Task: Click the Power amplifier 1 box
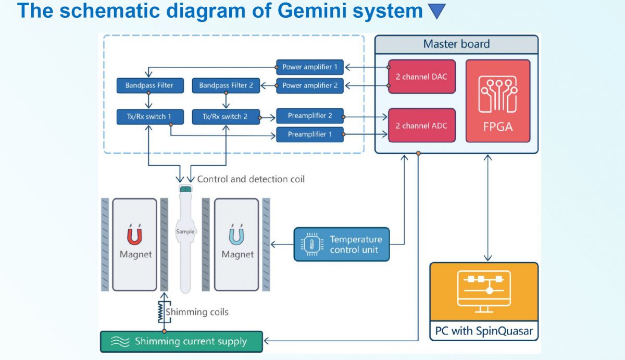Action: click(310, 67)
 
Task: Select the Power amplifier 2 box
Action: click(310, 85)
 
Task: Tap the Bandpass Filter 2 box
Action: click(226, 85)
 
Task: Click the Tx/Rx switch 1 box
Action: click(150, 117)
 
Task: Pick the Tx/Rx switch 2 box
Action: click(226, 117)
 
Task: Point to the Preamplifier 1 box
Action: click(310, 134)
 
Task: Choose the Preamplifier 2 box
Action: click(310, 116)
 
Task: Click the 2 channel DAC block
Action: click(422, 77)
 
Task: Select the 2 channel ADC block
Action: click(422, 126)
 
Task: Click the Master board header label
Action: click(456, 44)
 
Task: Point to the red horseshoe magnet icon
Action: click(134, 235)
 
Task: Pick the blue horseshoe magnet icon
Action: click(238, 235)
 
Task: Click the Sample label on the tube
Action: click(185, 231)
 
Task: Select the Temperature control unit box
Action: click(341, 244)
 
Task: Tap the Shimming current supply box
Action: click(182, 342)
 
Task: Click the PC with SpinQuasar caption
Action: click(484, 331)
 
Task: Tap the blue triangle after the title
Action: click(436, 11)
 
